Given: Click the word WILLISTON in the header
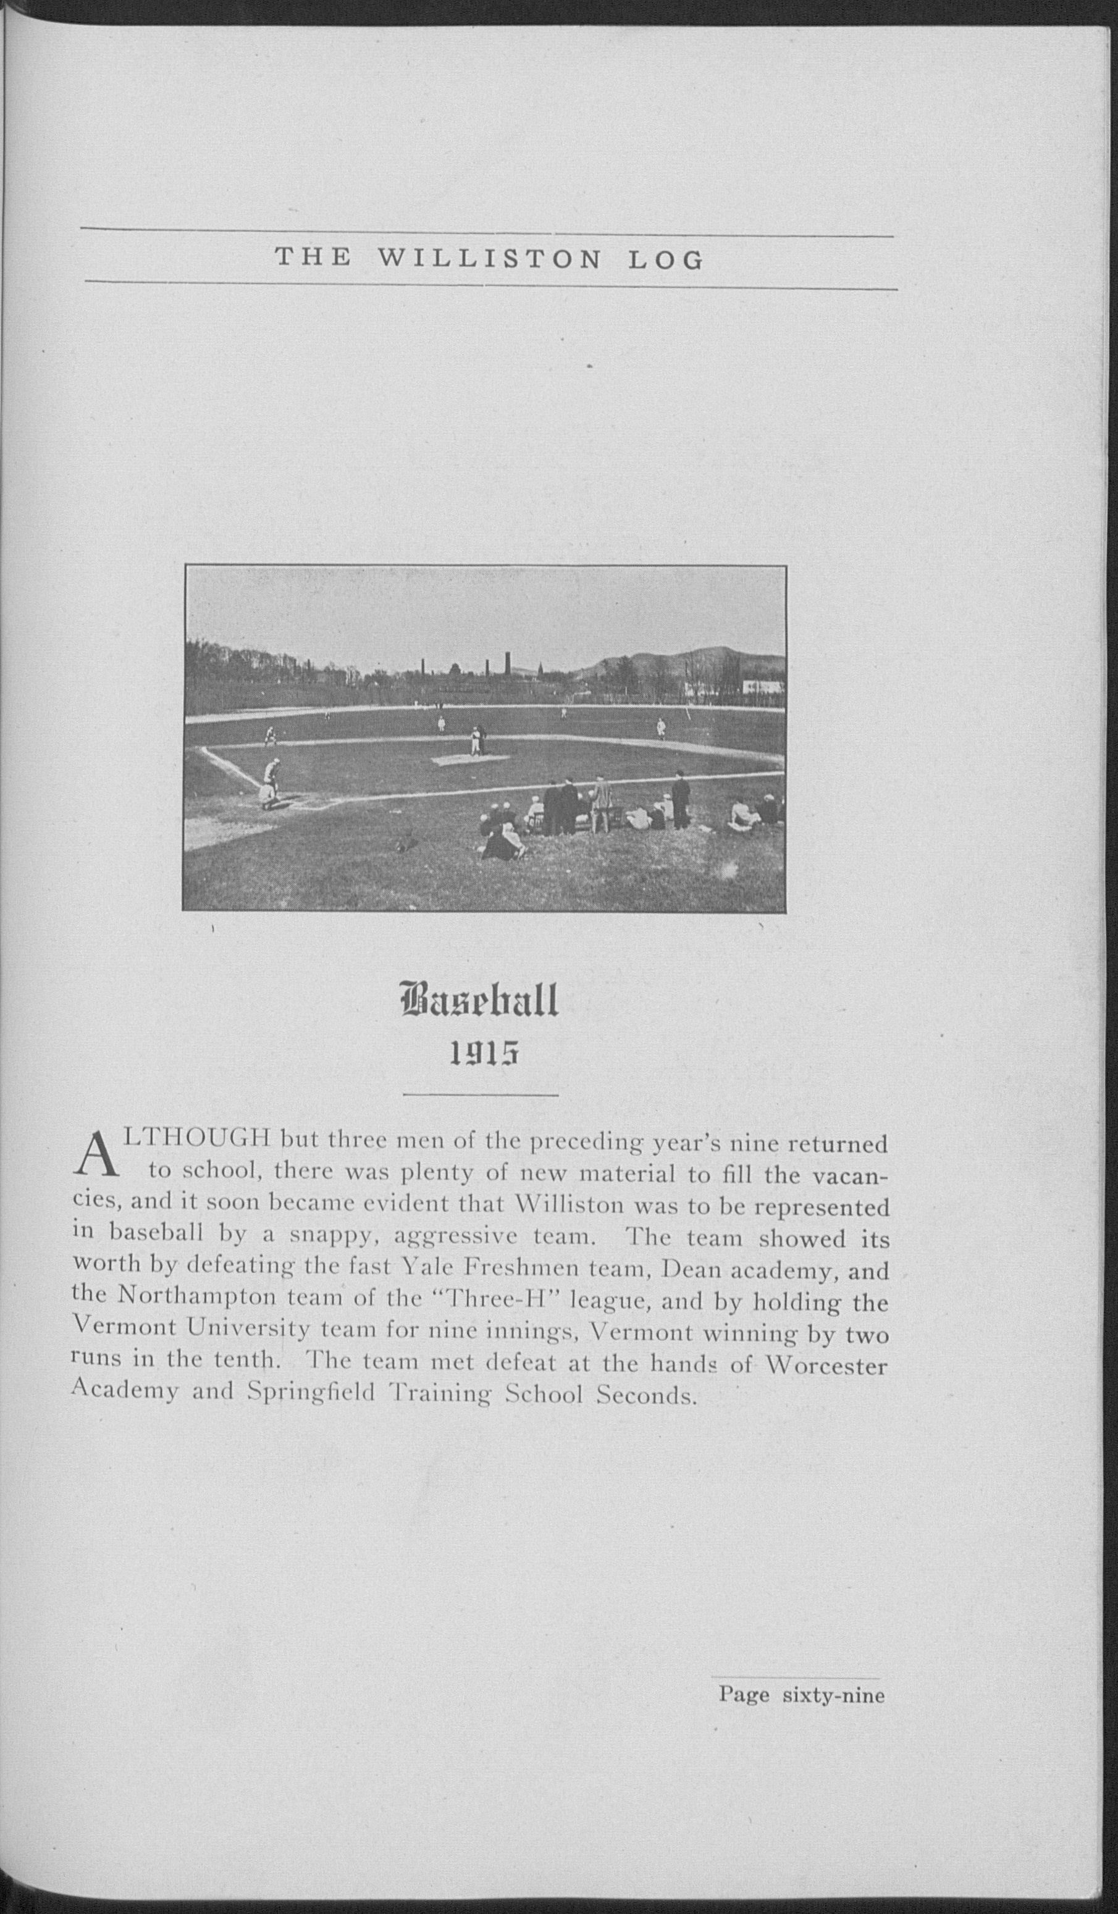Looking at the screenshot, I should [x=489, y=261].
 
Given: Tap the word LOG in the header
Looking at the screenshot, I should [x=665, y=261].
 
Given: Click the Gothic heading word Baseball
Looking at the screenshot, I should [x=479, y=1002].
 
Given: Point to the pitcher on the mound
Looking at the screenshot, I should [x=476, y=741].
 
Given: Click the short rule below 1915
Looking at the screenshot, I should [x=481, y=1094].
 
